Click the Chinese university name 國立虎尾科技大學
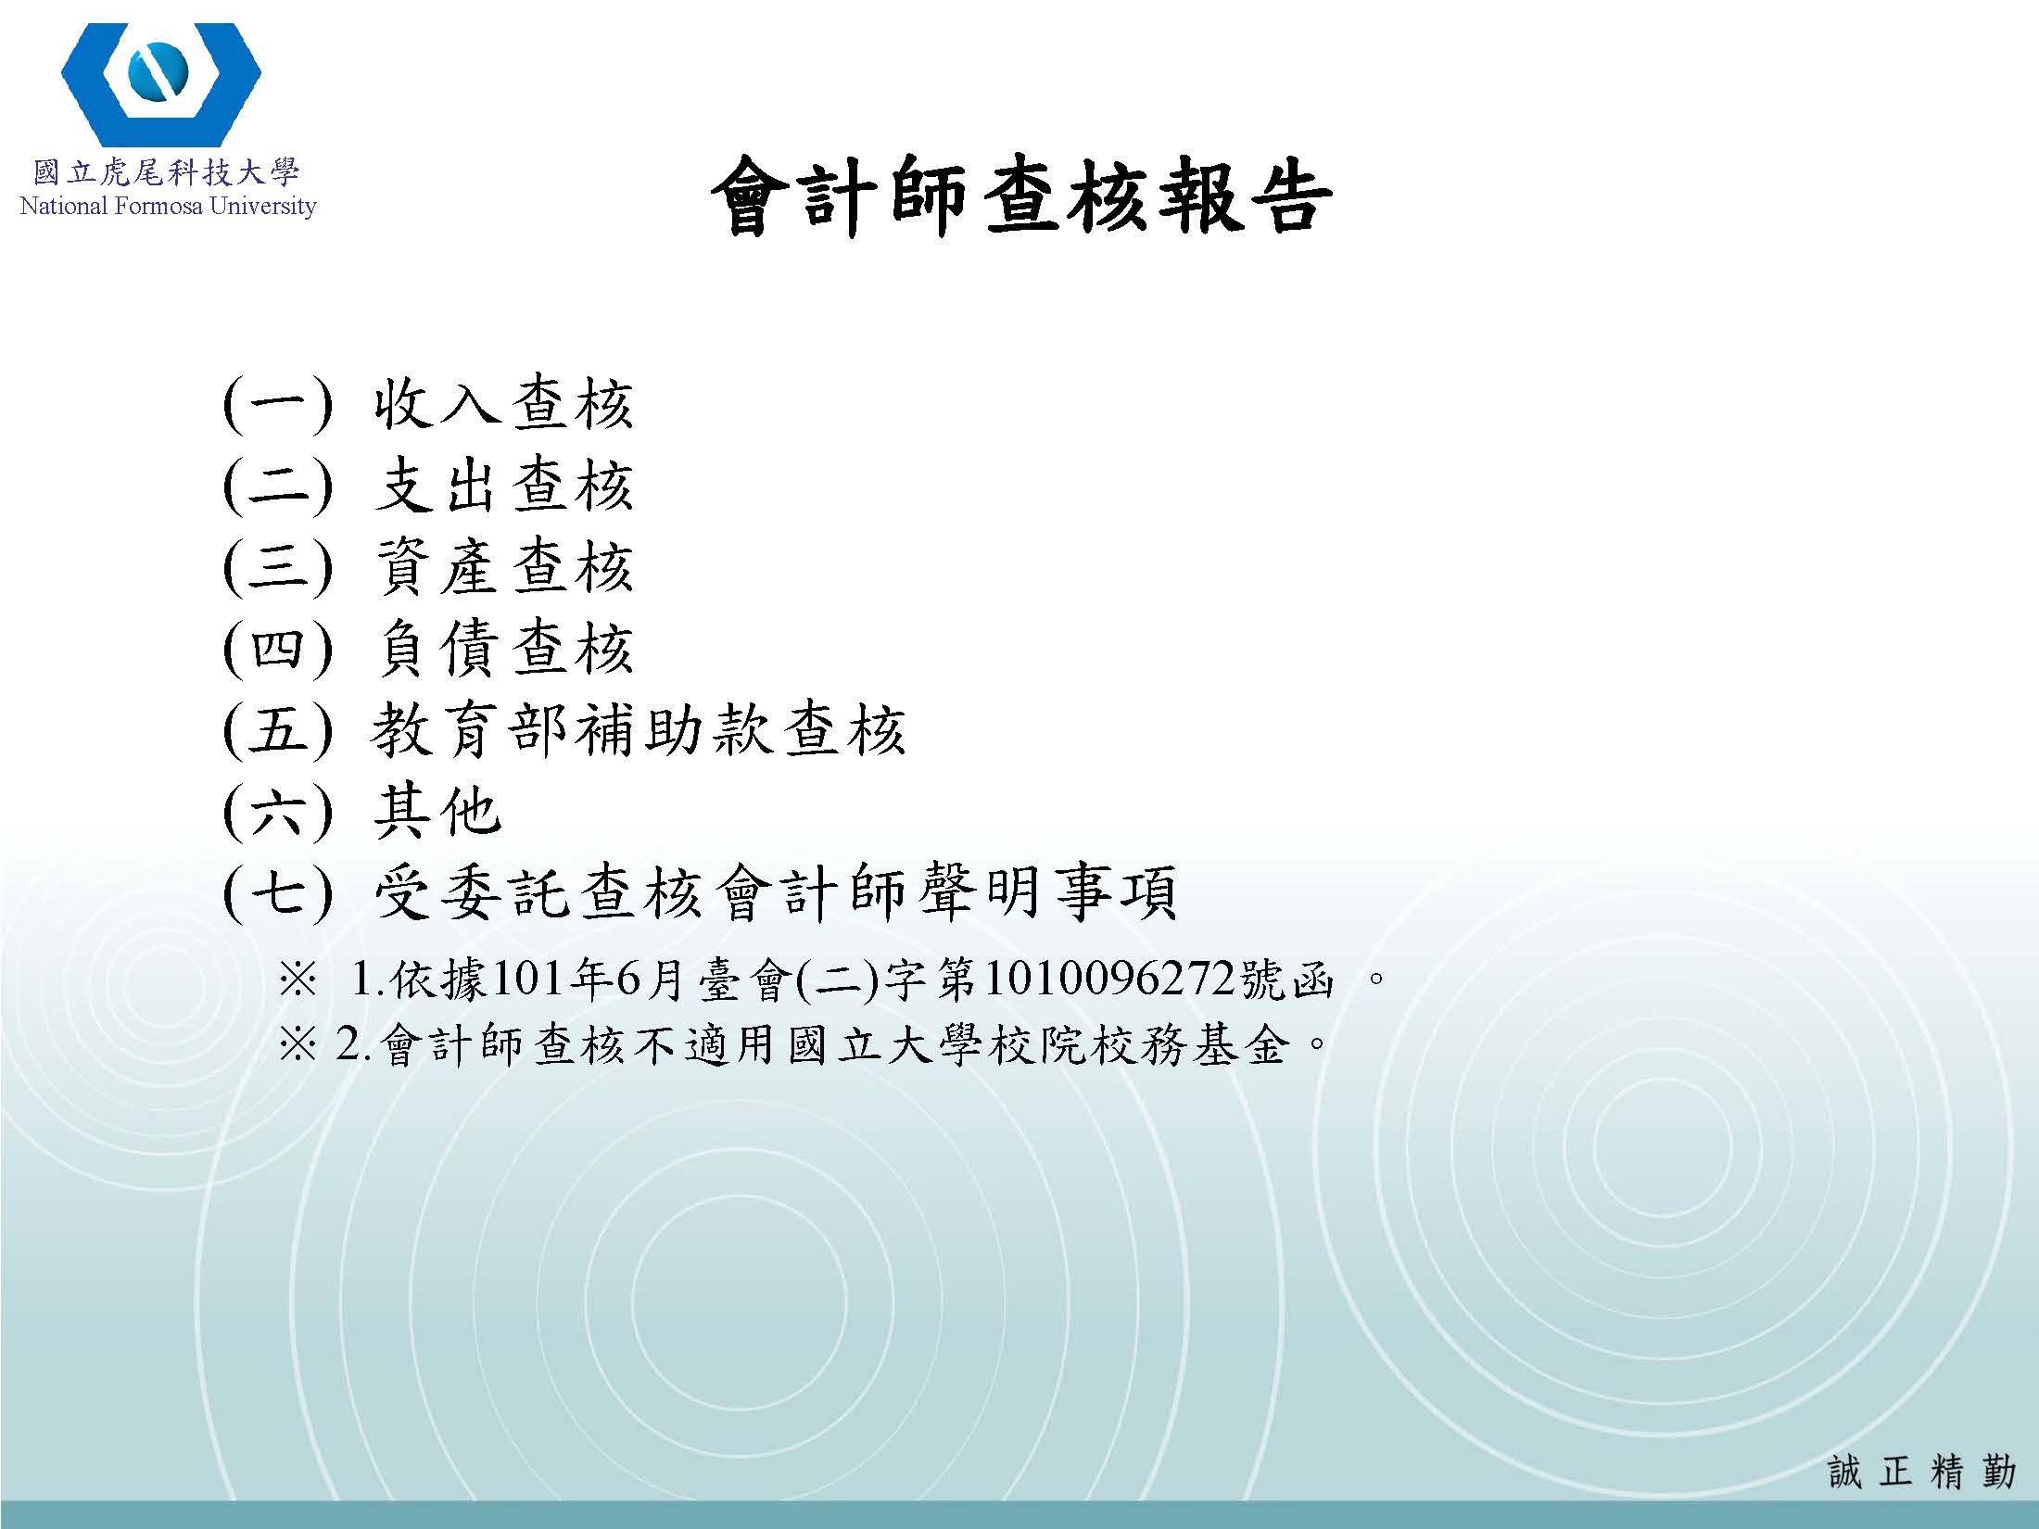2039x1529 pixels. (167, 173)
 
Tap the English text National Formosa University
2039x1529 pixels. (168, 206)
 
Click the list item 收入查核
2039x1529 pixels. (503, 404)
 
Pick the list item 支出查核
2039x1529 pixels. (503, 486)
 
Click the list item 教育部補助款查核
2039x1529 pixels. (638, 730)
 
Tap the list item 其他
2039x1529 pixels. (437, 812)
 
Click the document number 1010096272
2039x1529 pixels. (1109, 979)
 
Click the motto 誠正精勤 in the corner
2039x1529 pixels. (1921, 1471)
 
